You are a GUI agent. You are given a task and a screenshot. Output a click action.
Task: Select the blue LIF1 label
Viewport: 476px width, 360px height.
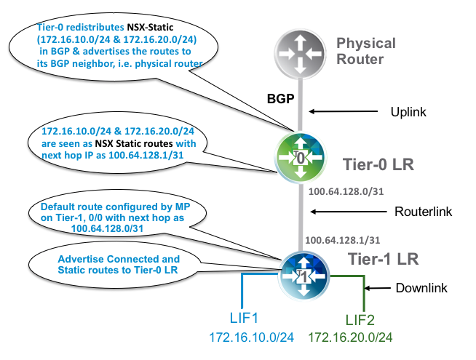[247, 317]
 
